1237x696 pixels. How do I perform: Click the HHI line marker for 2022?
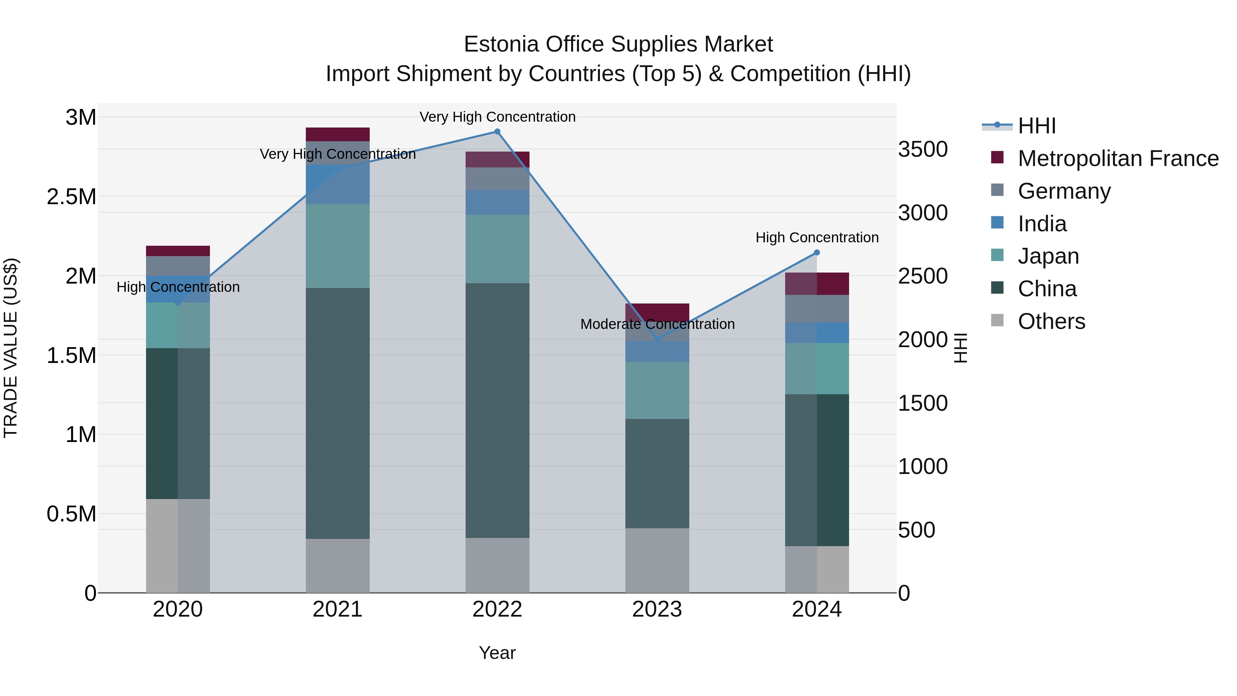point(497,132)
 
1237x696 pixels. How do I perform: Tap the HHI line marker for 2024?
point(817,253)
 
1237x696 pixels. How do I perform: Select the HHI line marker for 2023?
point(657,340)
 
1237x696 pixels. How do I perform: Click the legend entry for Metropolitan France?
point(1118,158)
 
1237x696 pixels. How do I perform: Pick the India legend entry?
point(1042,224)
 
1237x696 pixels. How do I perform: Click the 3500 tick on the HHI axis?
point(923,150)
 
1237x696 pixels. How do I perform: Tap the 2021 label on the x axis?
point(337,609)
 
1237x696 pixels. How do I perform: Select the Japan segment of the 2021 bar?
point(337,246)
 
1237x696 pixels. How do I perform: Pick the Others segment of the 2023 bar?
point(657,561)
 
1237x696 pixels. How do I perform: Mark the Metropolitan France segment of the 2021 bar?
point(337,134)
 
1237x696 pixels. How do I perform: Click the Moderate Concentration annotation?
point(657,324)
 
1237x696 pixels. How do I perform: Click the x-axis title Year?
point(497,653)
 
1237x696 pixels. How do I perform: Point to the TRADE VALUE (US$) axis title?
point(11,348)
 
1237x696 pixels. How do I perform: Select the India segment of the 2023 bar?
point(657,351)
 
